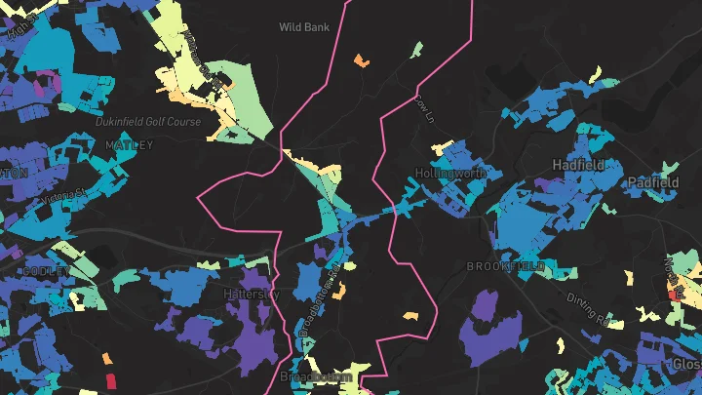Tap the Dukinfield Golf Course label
148,122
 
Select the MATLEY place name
131,145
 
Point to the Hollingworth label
449,172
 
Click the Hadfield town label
577,165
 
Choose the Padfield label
653,181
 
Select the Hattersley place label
252,294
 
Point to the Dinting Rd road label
590,308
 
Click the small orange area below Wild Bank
361,61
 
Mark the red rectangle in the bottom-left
110,378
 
